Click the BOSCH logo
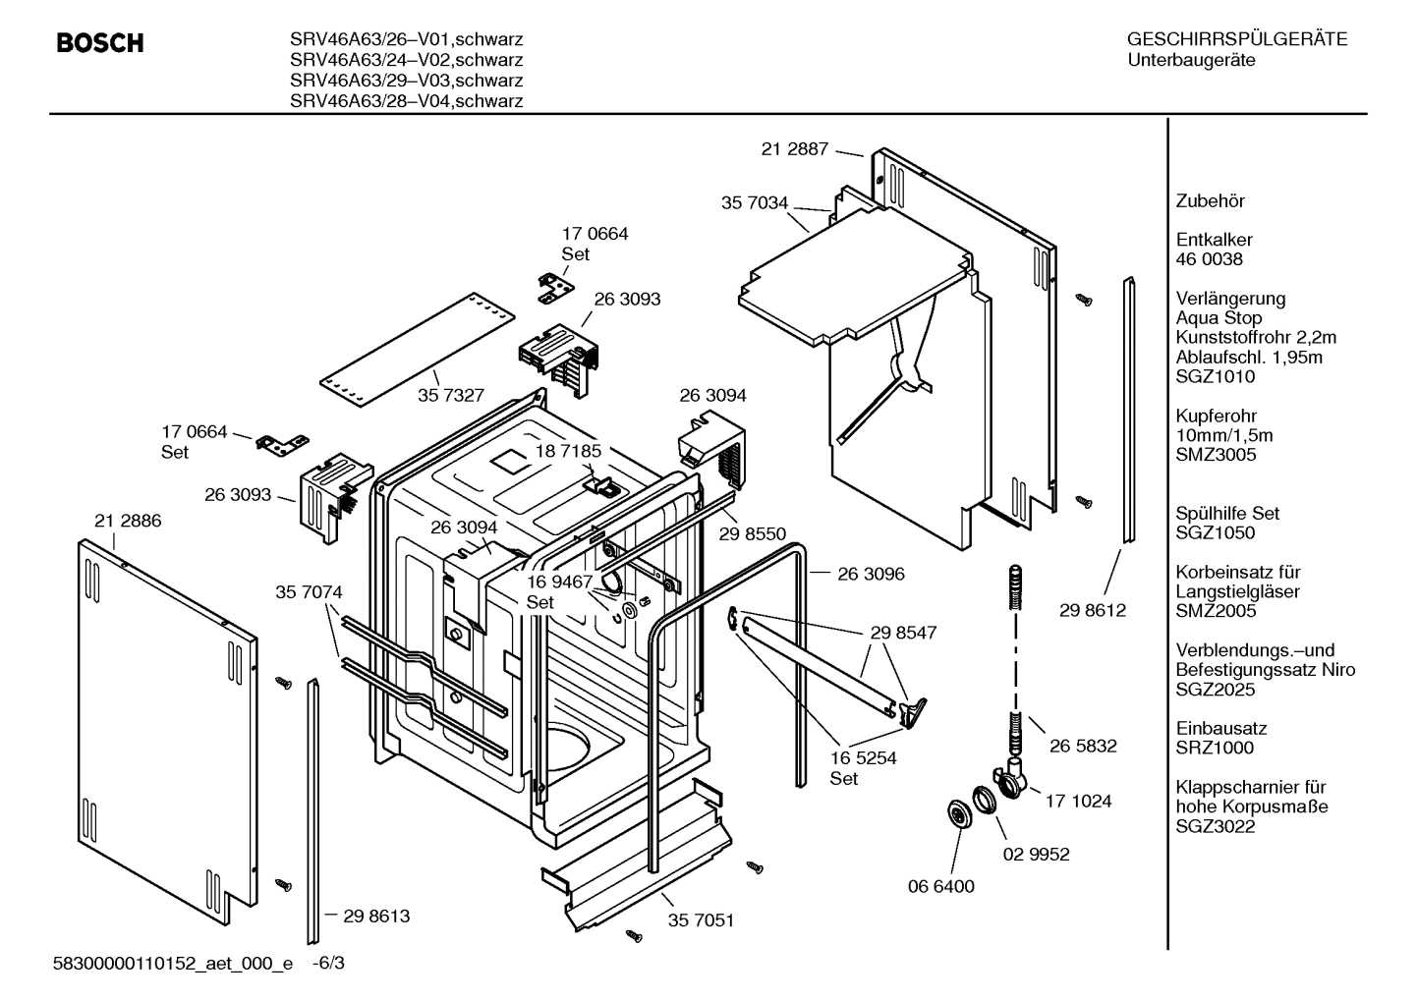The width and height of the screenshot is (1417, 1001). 100,43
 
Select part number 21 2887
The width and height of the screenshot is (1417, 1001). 794,149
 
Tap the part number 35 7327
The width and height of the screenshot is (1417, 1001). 451,395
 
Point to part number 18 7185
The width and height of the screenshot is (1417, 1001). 568,451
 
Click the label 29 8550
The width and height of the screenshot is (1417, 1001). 753,533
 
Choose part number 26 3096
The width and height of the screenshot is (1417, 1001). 871,574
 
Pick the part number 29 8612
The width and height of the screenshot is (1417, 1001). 1093,610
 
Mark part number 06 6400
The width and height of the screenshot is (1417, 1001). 940,886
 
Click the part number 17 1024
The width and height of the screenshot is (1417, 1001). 1078,801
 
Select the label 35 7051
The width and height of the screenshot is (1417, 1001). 701,920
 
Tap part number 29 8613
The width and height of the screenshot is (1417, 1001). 376,916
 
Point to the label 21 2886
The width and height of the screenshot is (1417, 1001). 128,521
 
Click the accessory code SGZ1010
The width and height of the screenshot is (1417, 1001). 1215,376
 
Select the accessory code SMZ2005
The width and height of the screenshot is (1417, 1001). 1216,611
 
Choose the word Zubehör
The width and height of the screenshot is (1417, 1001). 1210,201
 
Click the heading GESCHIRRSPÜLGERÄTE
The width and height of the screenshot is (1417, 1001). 1236,40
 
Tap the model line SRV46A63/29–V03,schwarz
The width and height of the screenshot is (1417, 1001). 406,81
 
